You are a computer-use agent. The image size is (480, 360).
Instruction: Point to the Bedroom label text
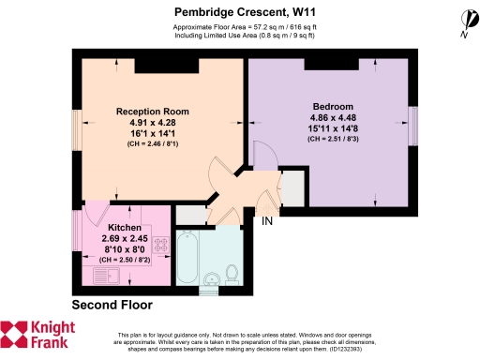333,106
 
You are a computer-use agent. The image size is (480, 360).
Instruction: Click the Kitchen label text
126,228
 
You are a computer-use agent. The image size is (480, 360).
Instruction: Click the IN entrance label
267,221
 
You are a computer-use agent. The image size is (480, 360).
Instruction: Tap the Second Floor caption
112,306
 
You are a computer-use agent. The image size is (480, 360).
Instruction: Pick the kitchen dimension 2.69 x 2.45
125,239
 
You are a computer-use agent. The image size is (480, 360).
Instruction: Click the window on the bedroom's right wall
412,122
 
